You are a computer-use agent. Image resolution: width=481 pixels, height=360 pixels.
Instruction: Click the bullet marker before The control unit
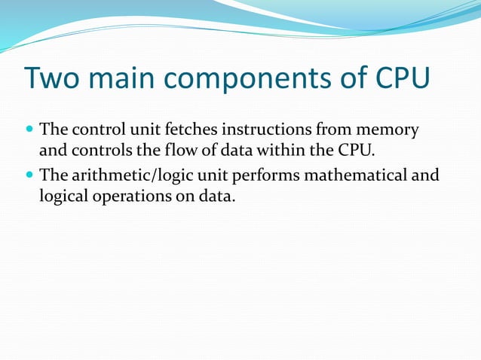click(x=29, y=130)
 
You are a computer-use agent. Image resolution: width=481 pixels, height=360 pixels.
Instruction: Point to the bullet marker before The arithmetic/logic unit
click(x=29, y=176)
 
